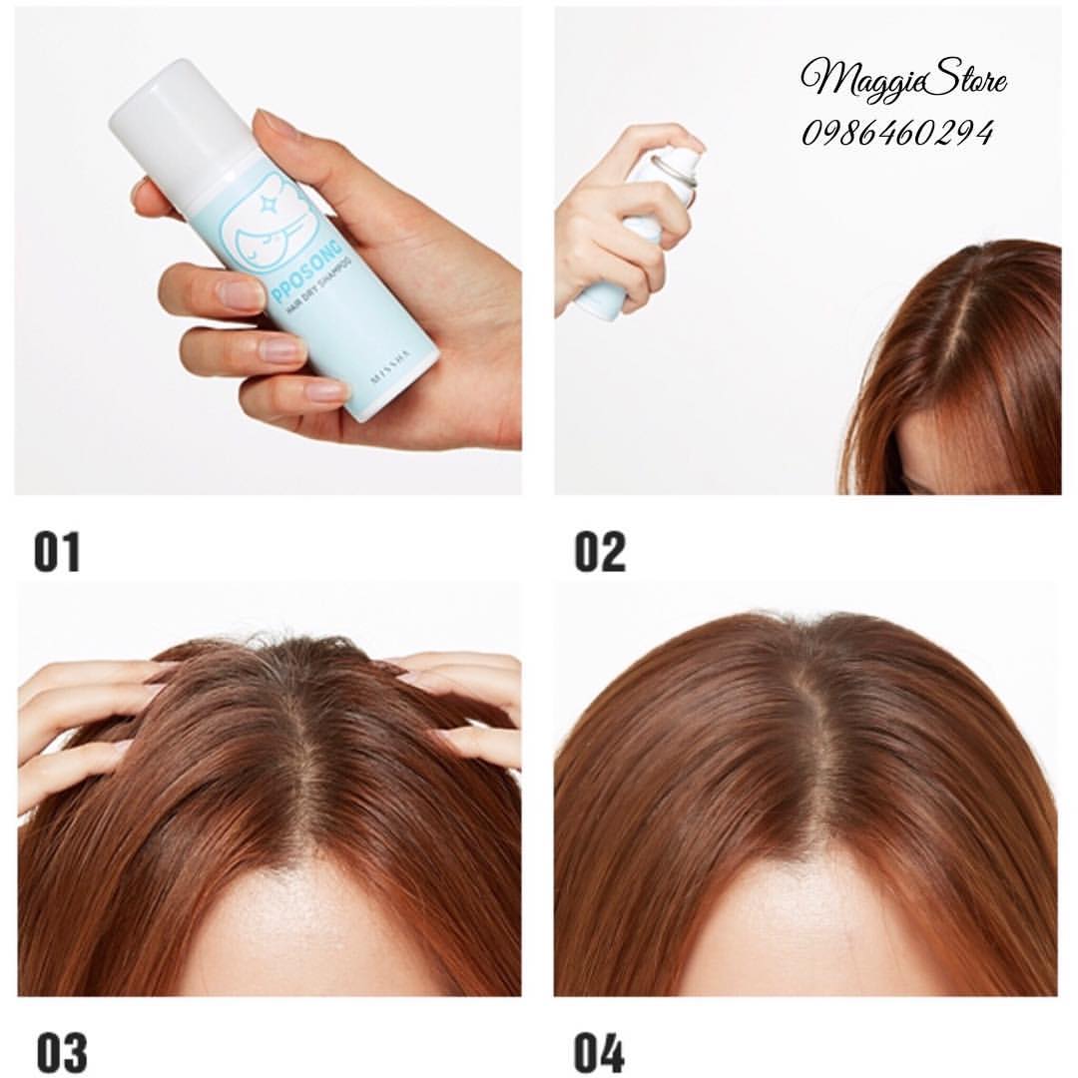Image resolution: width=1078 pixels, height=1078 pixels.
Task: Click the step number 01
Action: click(57, 551)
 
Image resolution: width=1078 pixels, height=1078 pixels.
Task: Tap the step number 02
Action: click(600, 551)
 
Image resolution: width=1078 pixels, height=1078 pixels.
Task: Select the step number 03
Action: click(62, 1052)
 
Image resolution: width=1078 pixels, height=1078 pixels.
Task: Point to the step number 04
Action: click(600, 1052)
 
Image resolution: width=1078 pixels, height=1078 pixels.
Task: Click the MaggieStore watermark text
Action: click(904, 81)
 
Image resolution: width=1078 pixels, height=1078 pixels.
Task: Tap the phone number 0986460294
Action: click(898, 134)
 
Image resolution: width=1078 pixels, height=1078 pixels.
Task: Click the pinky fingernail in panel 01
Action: click(324, 392)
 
